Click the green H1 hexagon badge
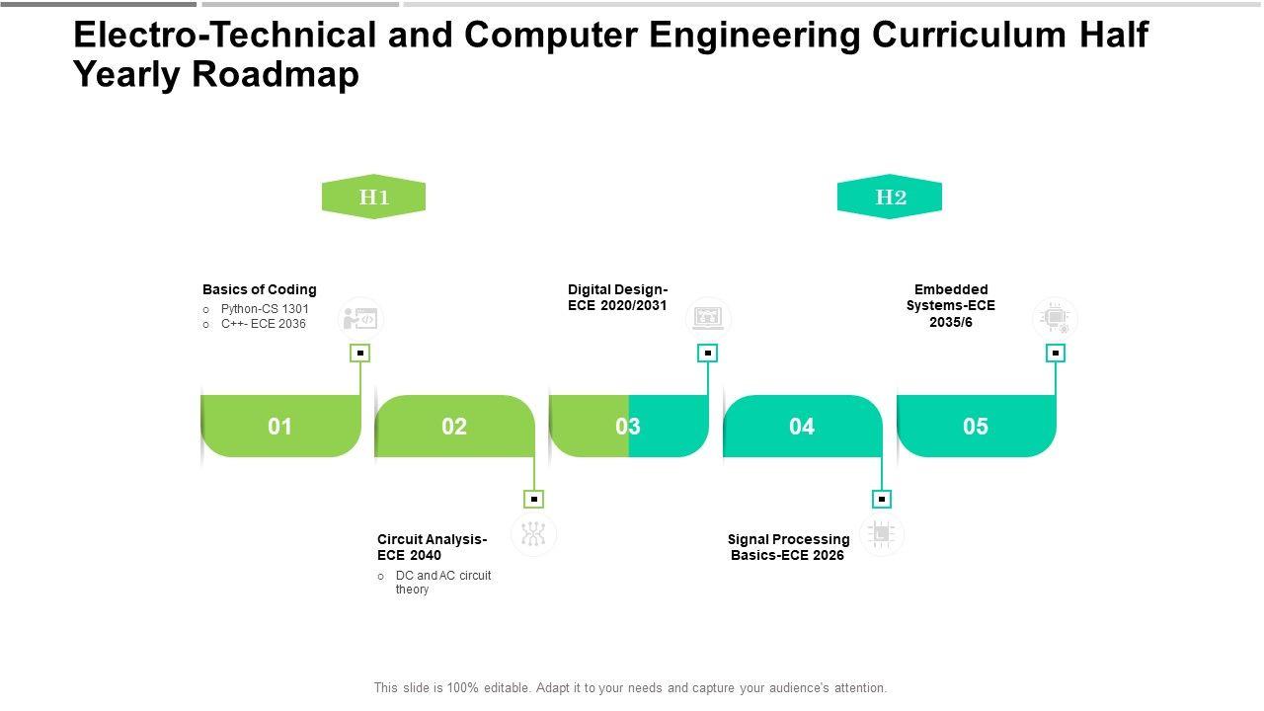tap(373, 197)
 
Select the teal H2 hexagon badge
tap(890, 197)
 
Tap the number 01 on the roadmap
tap(280, 427)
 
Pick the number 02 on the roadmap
tap(454, 427)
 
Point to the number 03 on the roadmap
tap(628, 427)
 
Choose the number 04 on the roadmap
tap(802, 427)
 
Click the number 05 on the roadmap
tap(976, 427)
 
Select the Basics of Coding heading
tap(260, 289)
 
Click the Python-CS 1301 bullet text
tap(265, 309)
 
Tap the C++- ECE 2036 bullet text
tap(264, 324)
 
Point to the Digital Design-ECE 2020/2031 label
tap(618, 297)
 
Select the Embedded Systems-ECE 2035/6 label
tap(951, 305)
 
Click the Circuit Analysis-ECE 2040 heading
tap(432, 547)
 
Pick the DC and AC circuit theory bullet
tap(442, 583)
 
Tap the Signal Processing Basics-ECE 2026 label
tap(788, 547)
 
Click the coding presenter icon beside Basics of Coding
tap(360, 319)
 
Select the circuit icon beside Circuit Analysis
tap(534, 534)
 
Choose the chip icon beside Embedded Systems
tap(1055, 319)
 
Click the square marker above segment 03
tap(708, 353)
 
